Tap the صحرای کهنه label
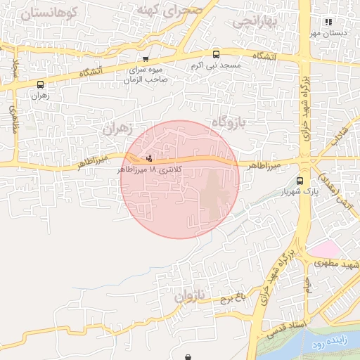point(169,10)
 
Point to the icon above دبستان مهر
point(328,22)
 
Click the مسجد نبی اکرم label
point(216,65)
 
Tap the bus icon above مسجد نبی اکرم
point(216,54)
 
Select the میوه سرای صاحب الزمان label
point(146,75)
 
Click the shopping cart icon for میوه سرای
point(146,60)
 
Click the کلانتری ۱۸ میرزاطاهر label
point(141,170)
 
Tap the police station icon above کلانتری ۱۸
point(148,158)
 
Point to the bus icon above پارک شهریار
point(300,180)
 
